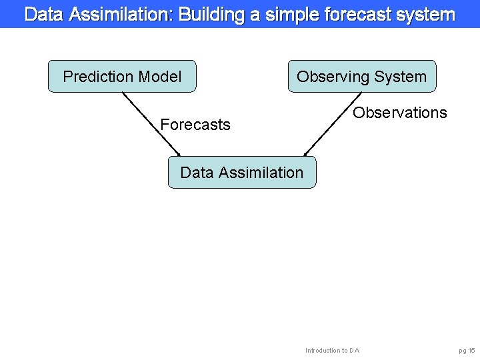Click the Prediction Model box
click(122, 76)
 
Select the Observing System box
click(361, 76)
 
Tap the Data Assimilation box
click(241, 173)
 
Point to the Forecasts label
click(195, 125)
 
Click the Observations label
click(400, 113)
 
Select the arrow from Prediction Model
click(151, 123)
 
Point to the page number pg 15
click(467, 351)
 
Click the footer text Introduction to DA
click(332, 351)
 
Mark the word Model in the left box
click(159, 77)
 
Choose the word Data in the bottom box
click(196, 173)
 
